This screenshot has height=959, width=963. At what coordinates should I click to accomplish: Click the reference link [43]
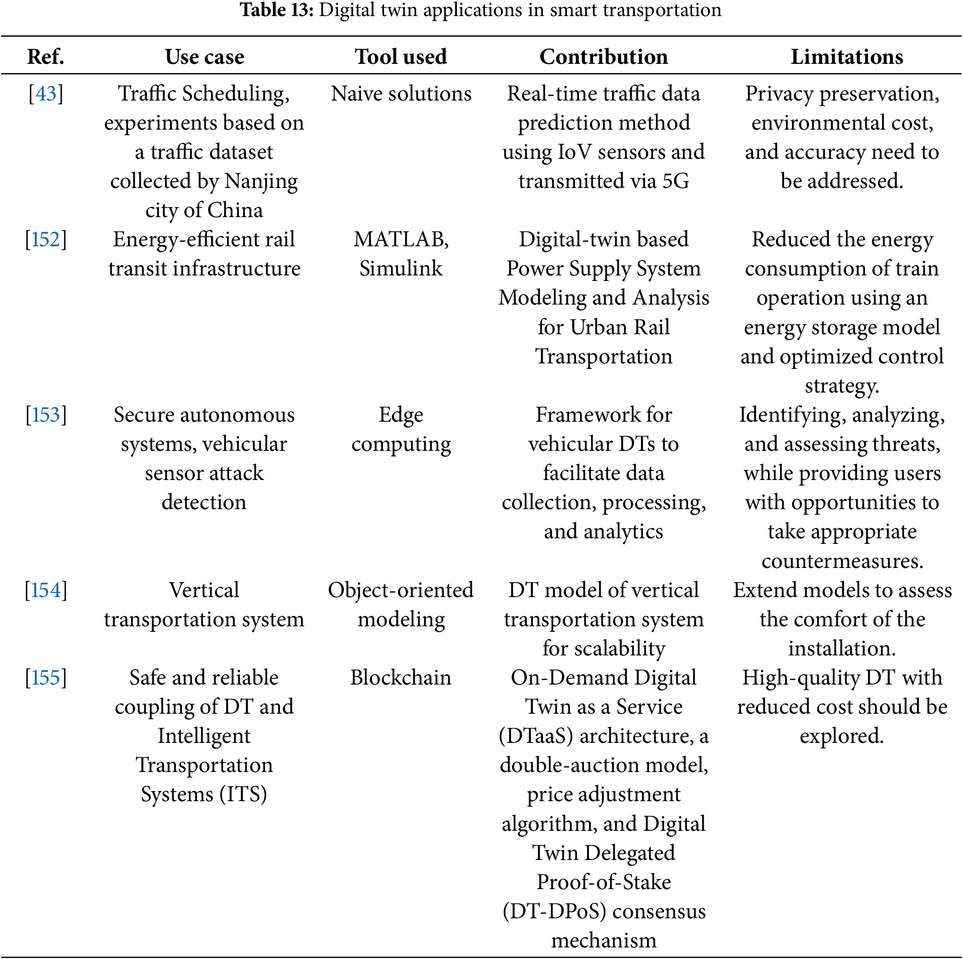pos(46,94)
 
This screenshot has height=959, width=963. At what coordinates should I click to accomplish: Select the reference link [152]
pos(46,240)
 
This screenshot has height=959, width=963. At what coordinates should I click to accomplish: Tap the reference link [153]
pos(46,415)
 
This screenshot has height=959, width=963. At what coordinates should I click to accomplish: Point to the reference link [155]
pos(46,678)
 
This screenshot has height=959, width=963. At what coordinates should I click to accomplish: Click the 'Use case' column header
pos(205,57)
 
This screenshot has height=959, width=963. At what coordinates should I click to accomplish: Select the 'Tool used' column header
pos(401,57)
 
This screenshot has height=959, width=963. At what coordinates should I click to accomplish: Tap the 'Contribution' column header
pos(604,57)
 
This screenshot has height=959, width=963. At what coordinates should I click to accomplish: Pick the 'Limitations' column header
pos(847,57)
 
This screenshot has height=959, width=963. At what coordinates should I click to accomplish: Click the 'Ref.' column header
pos(46,57)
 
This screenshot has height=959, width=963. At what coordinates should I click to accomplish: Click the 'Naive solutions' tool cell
pos(401,94)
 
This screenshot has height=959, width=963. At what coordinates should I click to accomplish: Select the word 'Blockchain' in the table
pos(401,678)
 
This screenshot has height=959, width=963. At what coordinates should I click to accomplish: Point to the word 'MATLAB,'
pos(401,240)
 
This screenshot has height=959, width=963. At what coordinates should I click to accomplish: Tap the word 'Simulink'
pos(401,269)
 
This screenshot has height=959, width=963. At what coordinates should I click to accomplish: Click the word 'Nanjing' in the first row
pos(261,181)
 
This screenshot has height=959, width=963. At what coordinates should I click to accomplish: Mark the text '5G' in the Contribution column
pos(676,181)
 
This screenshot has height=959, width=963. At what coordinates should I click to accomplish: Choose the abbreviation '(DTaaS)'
pos(536,736)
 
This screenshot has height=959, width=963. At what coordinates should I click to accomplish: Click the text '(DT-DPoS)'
pos(554,912)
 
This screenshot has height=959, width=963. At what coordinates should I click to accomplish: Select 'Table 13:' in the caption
pos(276,10)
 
